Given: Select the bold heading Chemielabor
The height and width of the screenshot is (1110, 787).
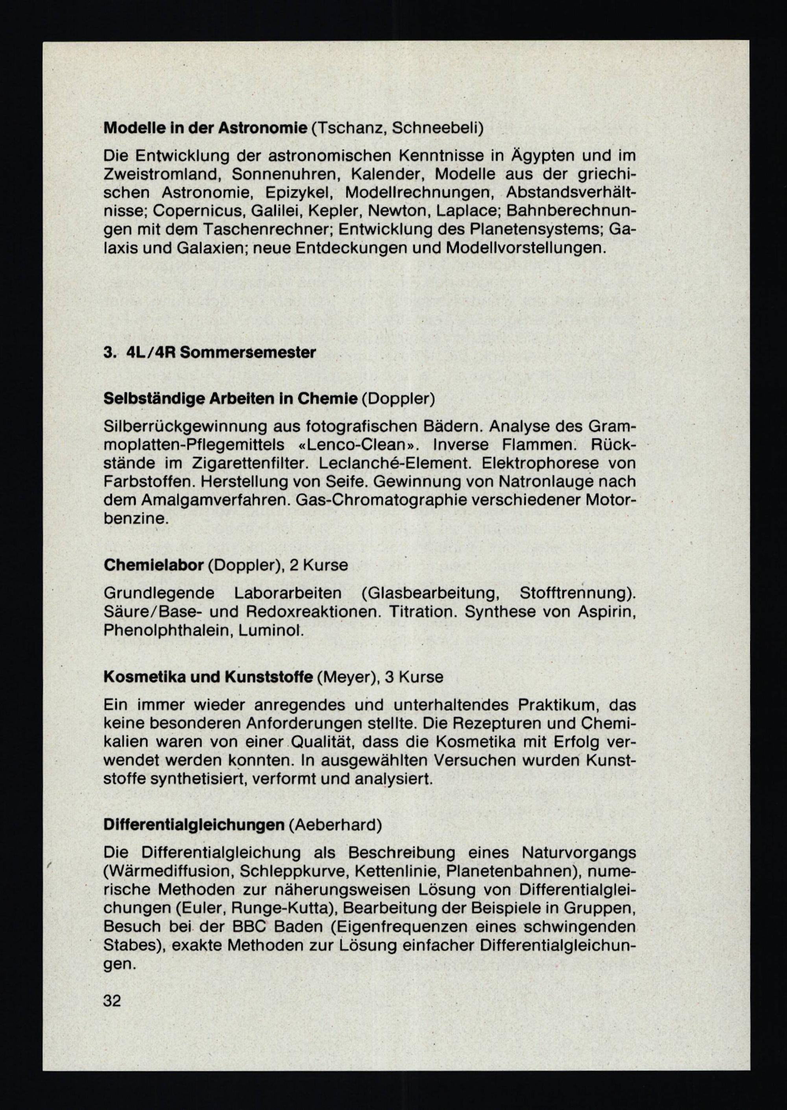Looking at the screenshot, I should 153,565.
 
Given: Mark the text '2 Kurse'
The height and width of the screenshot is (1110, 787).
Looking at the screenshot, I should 318,565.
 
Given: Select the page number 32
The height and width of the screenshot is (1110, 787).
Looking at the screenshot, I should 112,987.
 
